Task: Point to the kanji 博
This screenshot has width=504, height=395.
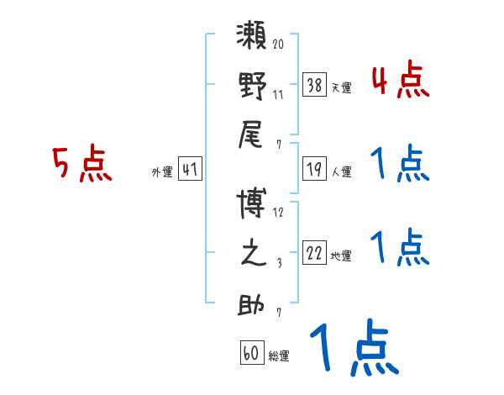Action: coord(253,205)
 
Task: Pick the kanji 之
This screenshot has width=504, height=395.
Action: coord(253,254)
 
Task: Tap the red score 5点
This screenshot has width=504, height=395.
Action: coord(81,164)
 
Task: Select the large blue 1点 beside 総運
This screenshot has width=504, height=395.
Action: coord(353,350)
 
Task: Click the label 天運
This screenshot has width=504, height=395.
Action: coord(341,87)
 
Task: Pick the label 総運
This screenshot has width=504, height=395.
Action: coord(278,356)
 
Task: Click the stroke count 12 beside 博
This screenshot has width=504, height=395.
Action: coord(278,213)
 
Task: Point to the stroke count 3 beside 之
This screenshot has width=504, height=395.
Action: coord(278,263)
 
